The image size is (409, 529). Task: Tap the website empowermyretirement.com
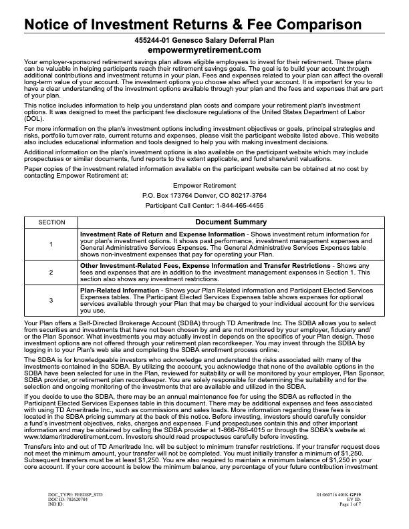point(204,50)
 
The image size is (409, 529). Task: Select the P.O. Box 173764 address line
point(204,195)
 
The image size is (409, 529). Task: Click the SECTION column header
point(51,222)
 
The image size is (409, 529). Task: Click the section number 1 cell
point(51,244)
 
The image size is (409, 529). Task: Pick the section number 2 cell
point(51,273)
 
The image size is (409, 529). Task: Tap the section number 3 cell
point(51,301)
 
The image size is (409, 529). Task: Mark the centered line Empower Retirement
point(204,184)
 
